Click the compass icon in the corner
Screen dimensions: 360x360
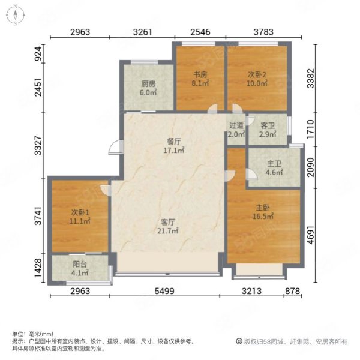(15, 14)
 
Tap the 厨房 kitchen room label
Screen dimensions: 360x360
(148, 84)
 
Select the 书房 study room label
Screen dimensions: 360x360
(200, 74)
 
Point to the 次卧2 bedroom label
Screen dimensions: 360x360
(257, 74)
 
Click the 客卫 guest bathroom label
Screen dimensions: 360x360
(268, 125)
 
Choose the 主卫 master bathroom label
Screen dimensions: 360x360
(274, 164)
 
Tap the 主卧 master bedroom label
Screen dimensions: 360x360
(263, 208)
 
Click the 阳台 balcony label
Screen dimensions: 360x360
(80, 264)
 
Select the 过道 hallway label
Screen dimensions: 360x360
(236, 125)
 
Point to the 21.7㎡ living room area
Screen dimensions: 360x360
(167, 231)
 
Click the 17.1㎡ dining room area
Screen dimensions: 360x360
(174, 151)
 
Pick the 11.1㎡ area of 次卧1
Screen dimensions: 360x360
(80, 221)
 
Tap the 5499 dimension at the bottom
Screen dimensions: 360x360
(164, 291)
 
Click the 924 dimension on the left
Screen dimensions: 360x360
(38, 53)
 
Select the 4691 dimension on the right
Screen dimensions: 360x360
(310, 235)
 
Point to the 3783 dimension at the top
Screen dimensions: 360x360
(263, 32)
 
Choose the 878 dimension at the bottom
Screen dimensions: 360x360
(293, 291)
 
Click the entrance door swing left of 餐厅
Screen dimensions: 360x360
(115, 147)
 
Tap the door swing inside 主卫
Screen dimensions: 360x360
(251, 174)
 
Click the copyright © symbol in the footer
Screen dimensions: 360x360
(239, 341)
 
